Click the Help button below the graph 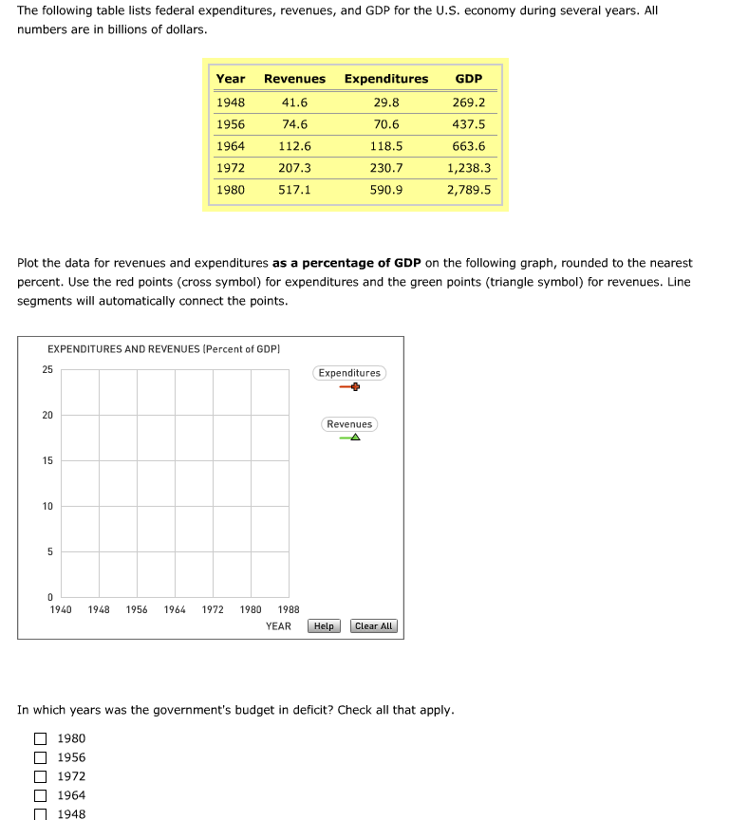tap(324, 626)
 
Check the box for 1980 tap(41, 738)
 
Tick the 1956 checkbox tap(41, 757)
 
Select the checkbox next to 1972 tap(41, 776)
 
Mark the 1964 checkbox tap(41, 795)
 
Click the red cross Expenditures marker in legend tap(354, 387)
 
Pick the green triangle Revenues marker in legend tap(354, 438)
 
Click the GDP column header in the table tap(469, 79)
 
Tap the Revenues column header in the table tap(294, 79)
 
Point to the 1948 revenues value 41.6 tap(294, 102)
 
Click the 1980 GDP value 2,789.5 tap(469, 190)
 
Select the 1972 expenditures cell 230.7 tap(386, 168)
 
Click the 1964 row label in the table tap(231, 146)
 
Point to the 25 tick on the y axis tap(47, 369)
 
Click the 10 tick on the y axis tap(47, 506)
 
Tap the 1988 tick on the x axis tap(289, 610)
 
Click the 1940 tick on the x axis tap(61, 610)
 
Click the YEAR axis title tap(278, 626)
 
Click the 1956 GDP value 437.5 tap(469, 124)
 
